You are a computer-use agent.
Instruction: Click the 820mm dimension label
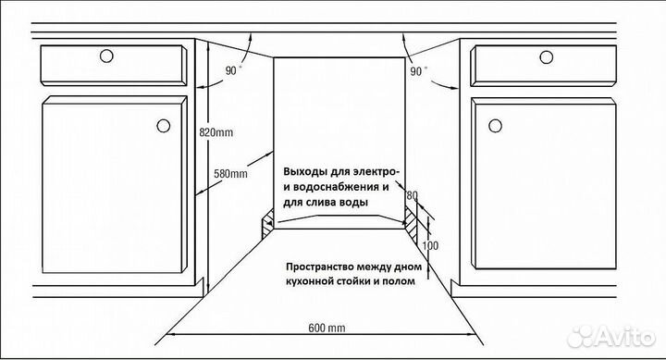point(216,132)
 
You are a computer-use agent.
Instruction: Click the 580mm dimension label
point(230,173)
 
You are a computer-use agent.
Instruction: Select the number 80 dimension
point(413,196)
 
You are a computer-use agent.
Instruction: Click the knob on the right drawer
point(547,57)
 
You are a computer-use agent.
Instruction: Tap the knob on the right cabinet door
point(493,124)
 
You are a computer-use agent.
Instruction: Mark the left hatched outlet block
point(266,221)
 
